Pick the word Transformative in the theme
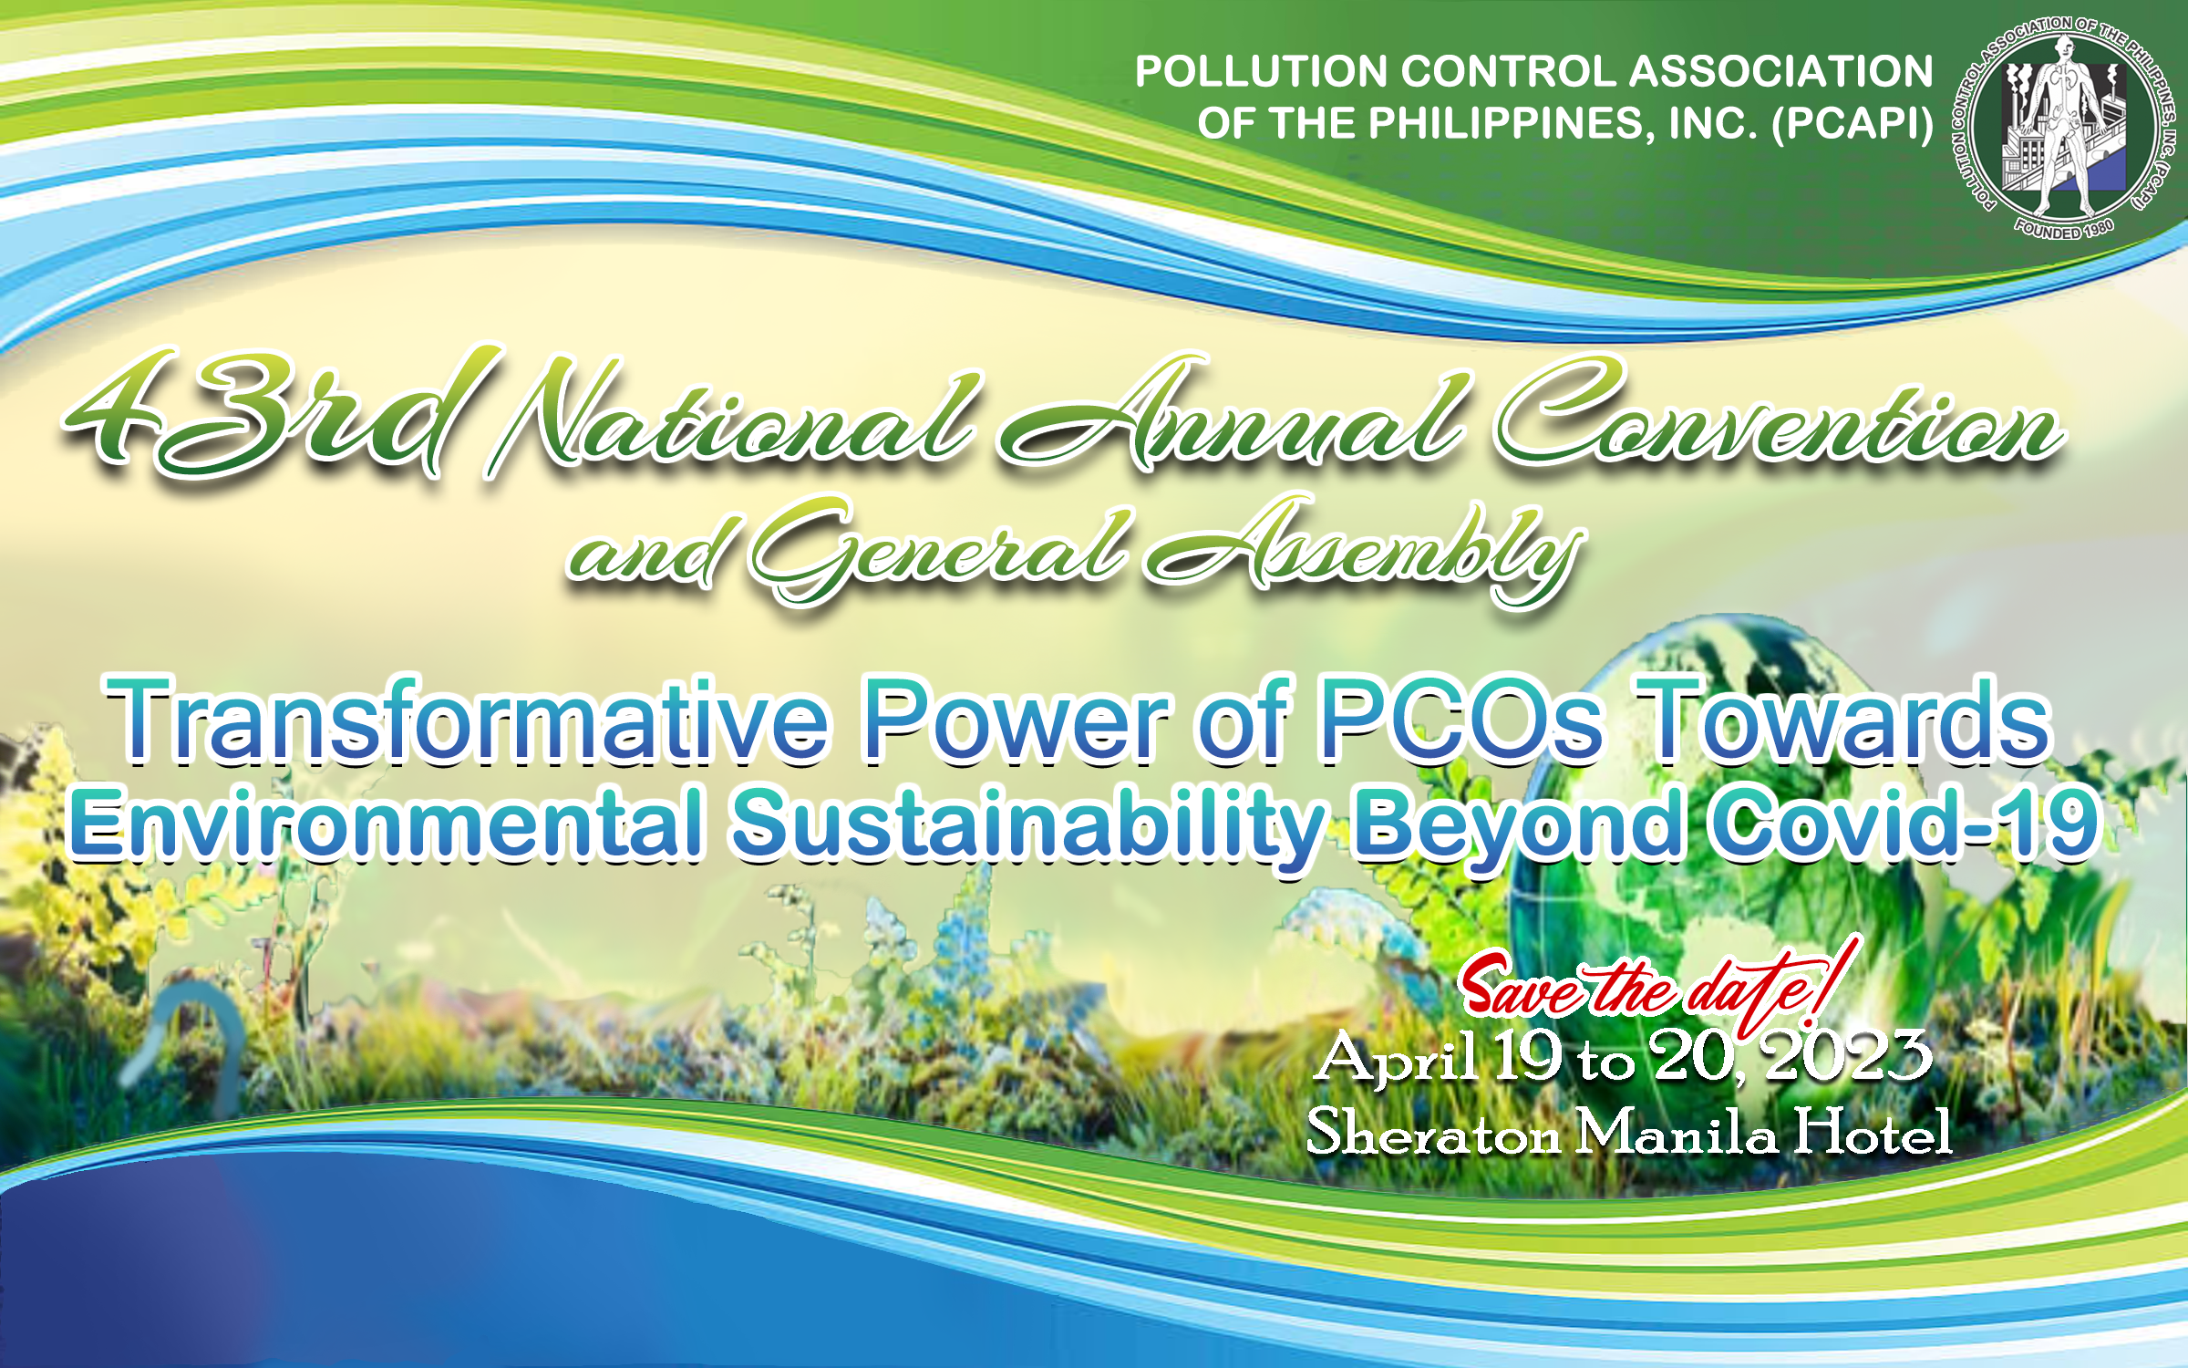[x=468, y=720]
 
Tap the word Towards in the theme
[x=1842, y=720]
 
